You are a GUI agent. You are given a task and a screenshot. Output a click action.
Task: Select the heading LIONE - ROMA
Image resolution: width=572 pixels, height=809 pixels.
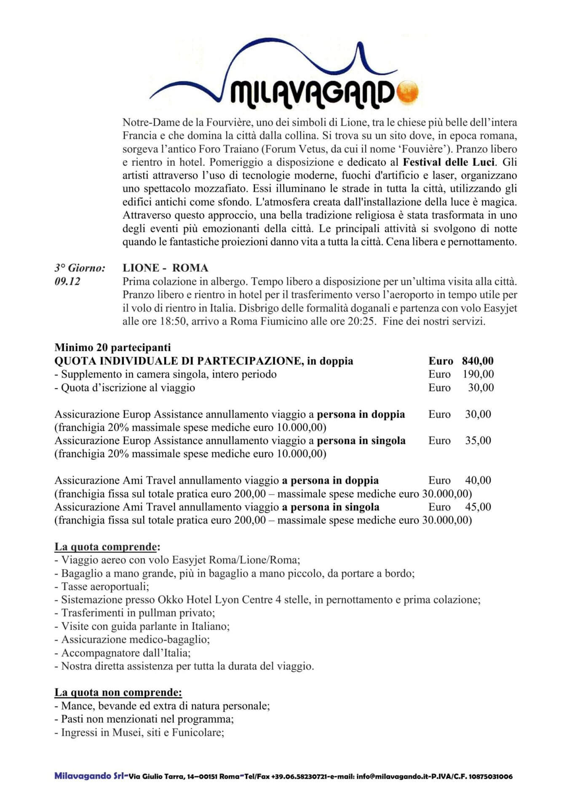[165, 268]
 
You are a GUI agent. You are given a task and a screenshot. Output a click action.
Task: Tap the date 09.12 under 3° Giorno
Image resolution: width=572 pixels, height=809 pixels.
[67, 281]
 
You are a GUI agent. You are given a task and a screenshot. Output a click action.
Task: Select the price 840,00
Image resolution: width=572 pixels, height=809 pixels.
[478, 361]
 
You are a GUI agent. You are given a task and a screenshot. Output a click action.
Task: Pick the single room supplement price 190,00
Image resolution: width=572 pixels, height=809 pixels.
[478, 374]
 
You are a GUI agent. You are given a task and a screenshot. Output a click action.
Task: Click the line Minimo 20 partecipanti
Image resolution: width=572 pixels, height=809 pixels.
[113, 348]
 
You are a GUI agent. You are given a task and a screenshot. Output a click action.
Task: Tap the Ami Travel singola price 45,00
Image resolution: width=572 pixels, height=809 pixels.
[478, 507]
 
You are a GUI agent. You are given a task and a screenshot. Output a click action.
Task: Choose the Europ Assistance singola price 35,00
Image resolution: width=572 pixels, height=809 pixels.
[478, 441]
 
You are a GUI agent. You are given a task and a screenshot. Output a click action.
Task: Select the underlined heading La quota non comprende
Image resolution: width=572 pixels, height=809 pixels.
[118, 693]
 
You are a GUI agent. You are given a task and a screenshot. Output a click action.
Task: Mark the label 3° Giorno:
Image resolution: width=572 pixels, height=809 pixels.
[80, 268]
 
